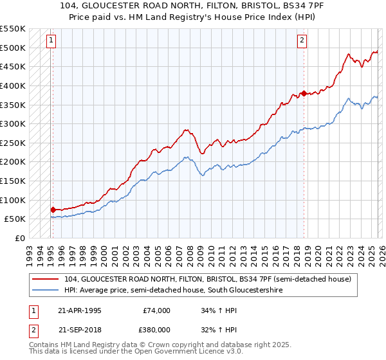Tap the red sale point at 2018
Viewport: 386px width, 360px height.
(303, 93)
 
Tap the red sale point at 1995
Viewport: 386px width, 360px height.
(53, 210)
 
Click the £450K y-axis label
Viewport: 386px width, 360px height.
(14, 66)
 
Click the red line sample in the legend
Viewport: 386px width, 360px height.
(46, 279)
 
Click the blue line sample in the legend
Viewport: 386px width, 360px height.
(46, 291)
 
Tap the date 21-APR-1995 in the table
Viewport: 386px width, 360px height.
(79, 310)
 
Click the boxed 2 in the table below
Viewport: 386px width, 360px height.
(32, 330)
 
